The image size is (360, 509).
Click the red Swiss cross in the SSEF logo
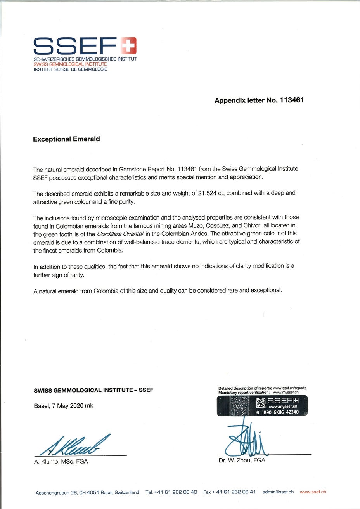coord(128,45)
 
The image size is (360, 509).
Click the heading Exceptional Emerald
coord(66,139)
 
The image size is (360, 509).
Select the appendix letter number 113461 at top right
coord(291,100)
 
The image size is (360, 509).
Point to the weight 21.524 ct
coord(211,193)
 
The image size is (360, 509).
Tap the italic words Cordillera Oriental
coord(120,234)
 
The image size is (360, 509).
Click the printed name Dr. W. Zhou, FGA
coord(242,460)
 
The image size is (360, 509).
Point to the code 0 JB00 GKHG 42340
coord(277,412)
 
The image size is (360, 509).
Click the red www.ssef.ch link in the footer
coord(313,492)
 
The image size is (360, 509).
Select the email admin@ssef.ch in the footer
coord(278,492)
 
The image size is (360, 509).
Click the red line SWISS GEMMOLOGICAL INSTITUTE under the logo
coord(70,64)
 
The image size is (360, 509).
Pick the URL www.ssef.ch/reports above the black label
coord(289,388)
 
